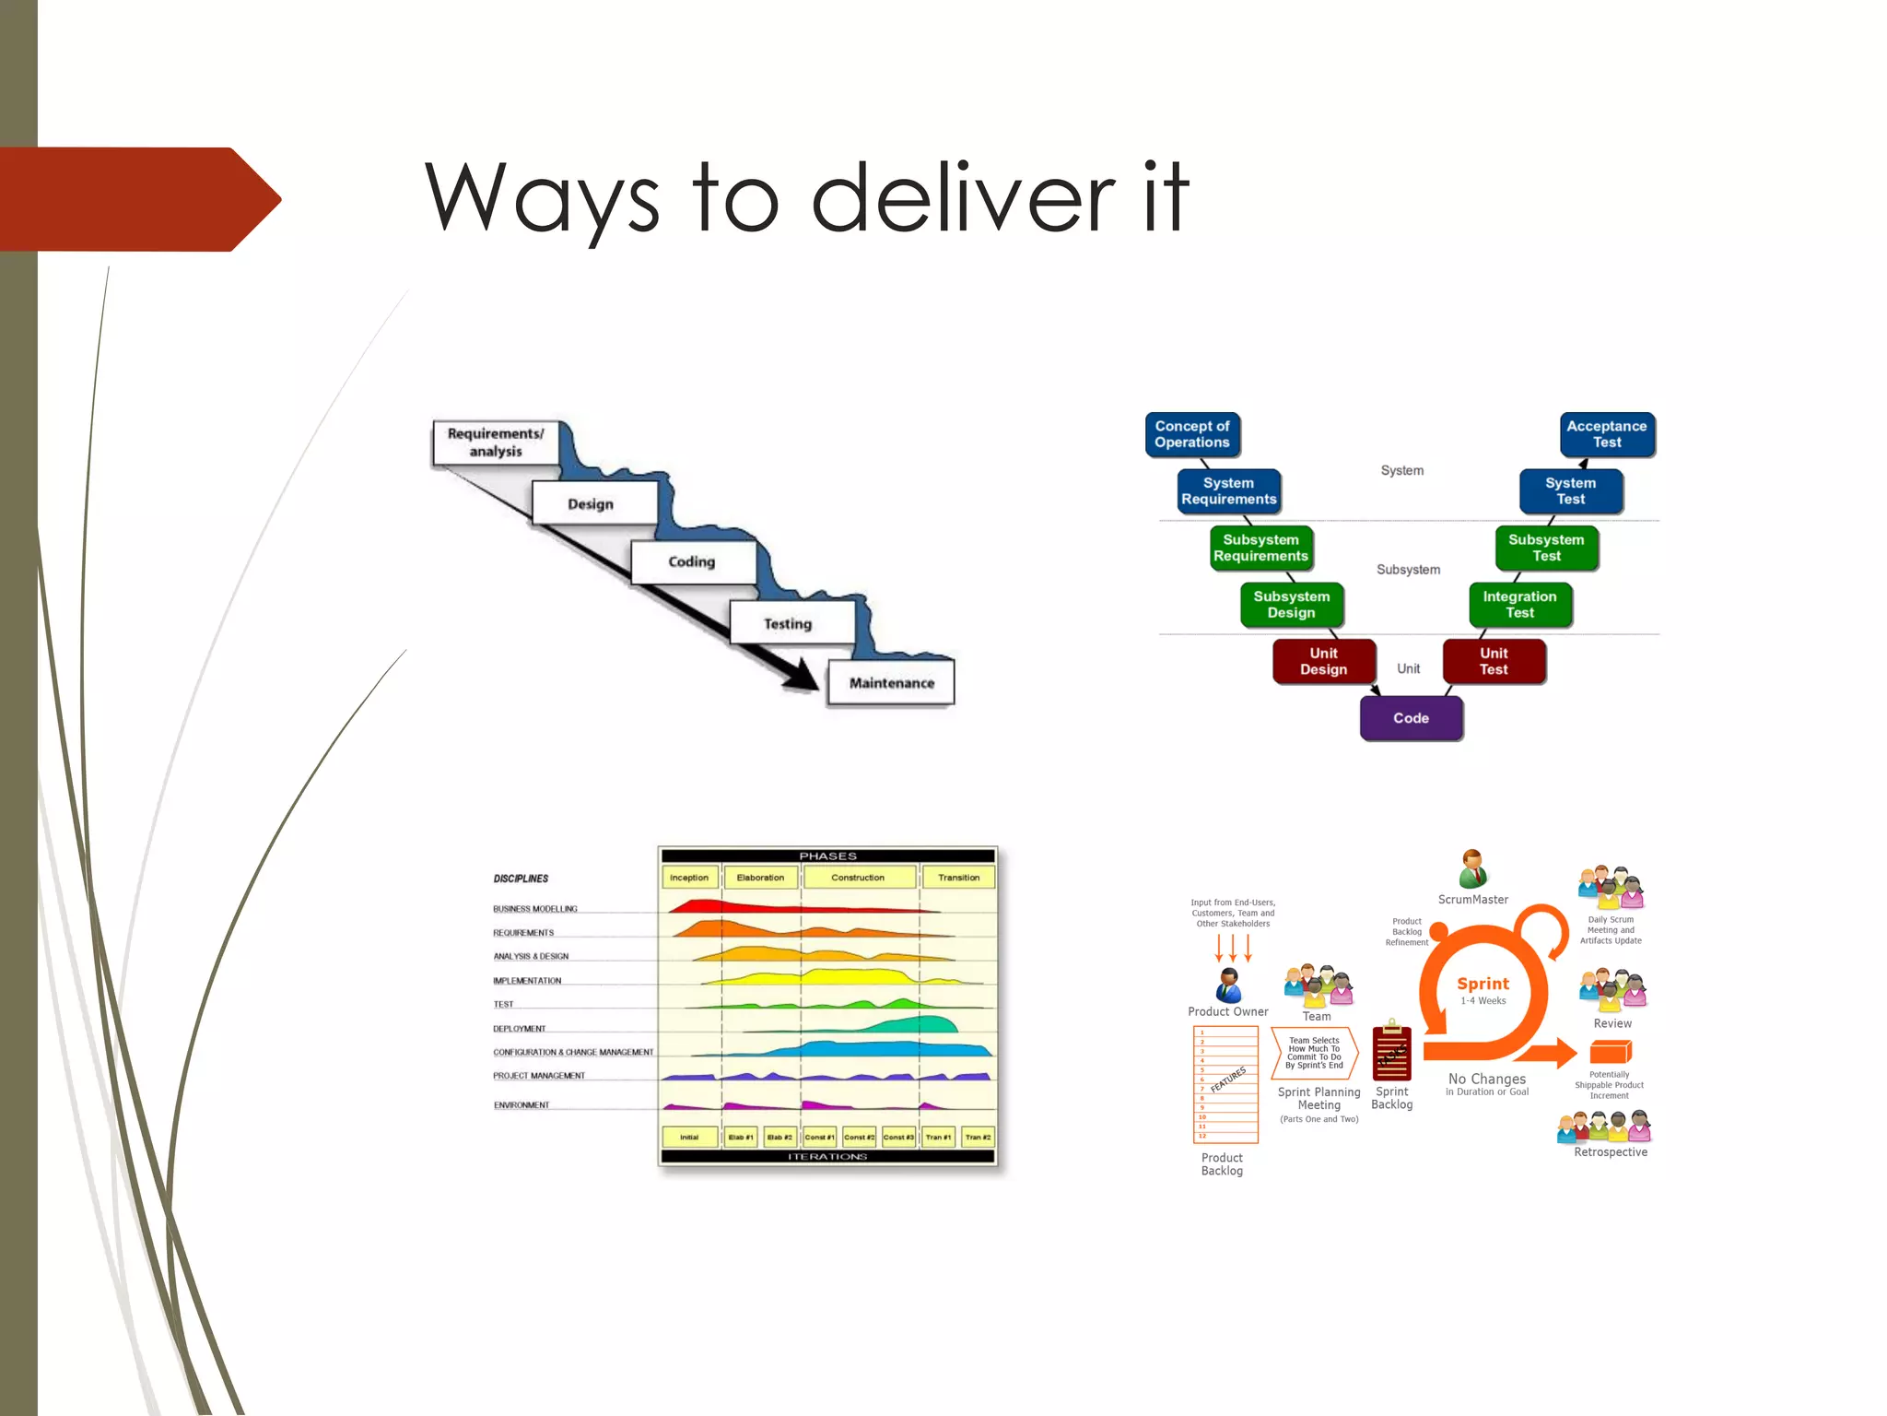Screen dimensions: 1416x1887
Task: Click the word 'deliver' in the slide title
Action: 962,197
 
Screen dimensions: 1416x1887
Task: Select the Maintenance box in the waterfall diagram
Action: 891,683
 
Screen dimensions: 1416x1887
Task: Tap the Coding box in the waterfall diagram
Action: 692,561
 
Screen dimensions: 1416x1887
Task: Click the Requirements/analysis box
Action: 496,442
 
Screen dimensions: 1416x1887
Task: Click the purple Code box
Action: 1411,718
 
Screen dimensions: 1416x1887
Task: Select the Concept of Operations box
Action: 1192,434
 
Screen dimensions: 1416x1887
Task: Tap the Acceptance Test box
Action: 1606,434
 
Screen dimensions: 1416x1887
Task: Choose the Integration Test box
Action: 1519,605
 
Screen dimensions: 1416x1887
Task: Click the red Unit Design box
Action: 1323,661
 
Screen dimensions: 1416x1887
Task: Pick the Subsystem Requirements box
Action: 1260,548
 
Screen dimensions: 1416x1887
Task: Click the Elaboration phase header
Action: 760,878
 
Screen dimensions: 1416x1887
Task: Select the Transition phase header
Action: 958,878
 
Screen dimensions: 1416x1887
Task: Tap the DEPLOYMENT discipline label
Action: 520,1029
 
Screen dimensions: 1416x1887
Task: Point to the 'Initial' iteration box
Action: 689,1138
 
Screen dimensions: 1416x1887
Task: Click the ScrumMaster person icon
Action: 1472,868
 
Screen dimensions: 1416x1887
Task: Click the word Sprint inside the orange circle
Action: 1483,984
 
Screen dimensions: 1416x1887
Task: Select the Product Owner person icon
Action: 1228,985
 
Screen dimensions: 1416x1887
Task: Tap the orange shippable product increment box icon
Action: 1610,1052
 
